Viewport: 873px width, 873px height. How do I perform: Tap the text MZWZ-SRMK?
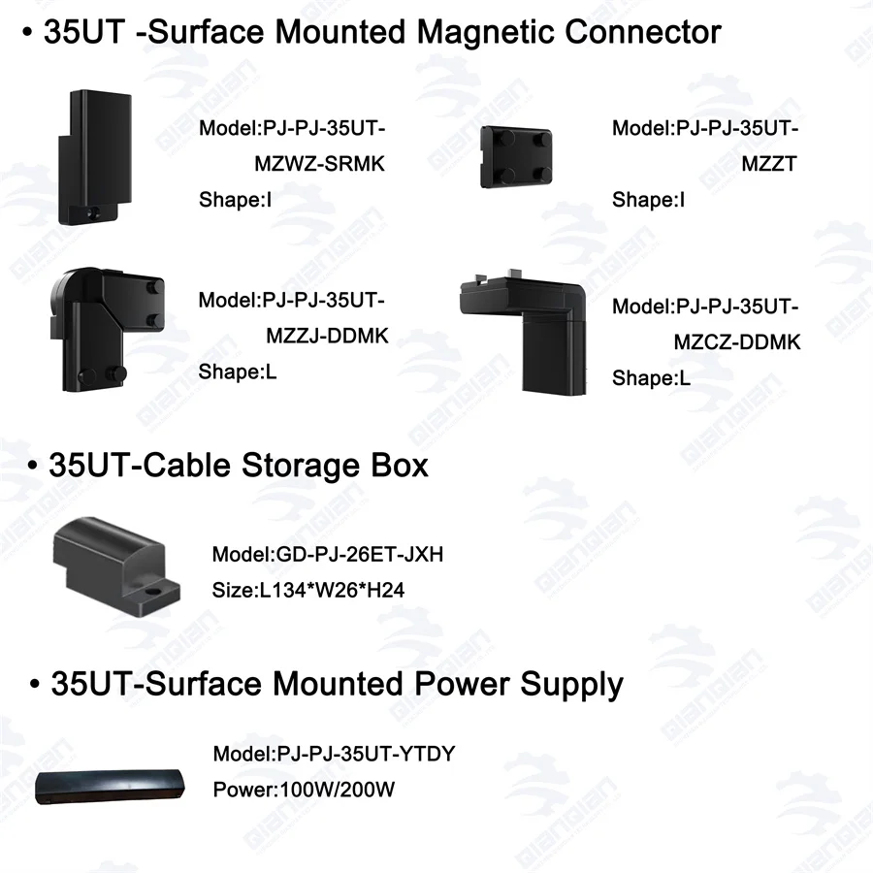point(319,164)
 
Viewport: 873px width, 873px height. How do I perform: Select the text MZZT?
point(768,164)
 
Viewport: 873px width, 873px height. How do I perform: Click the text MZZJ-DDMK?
point(327,336)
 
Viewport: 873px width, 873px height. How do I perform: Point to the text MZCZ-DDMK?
point(737,342)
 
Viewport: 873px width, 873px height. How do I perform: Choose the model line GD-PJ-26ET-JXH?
point(328,555)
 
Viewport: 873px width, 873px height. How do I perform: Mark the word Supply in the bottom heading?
point(572,684)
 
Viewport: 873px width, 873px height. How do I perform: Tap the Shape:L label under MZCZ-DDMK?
point(651,378)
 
